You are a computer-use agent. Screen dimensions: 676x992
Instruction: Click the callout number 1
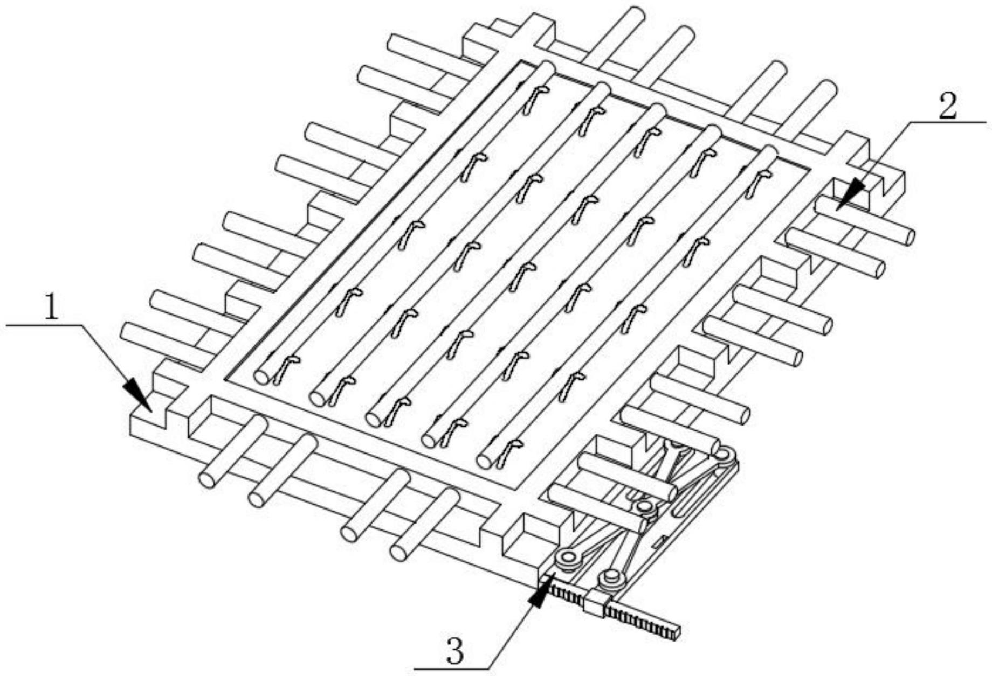[x=51, y=309]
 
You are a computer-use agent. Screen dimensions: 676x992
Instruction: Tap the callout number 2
[x=947, y=106]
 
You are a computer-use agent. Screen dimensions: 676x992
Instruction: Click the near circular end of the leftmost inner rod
[x=263, y=377]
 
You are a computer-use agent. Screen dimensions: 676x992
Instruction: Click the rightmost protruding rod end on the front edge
[x=399, y=552]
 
